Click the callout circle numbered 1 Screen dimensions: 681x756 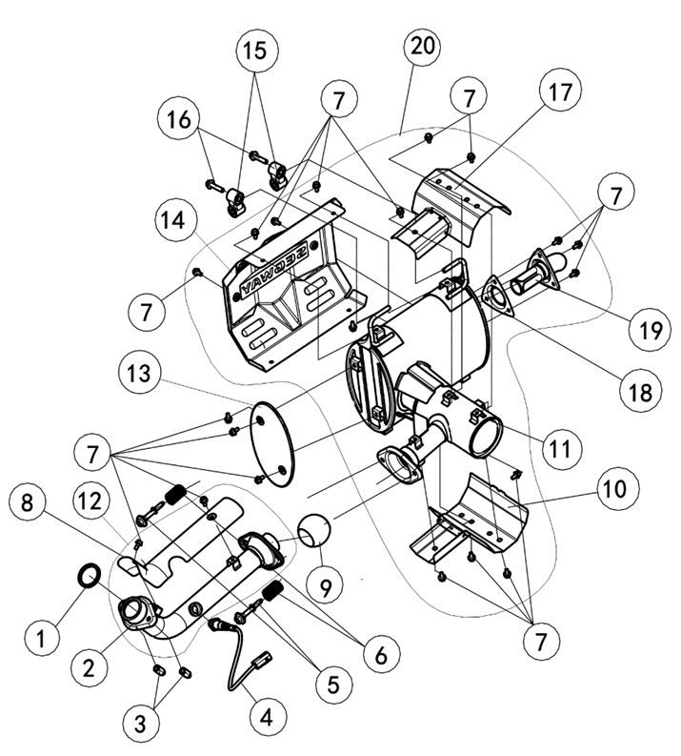coord(41,639)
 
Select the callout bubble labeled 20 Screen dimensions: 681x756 coord(421,47)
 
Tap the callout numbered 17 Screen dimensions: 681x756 coord(560,92)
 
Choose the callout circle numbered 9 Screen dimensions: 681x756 coord(326,586)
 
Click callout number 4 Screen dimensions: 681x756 coord(268,717)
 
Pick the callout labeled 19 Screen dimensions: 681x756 coord(651,330)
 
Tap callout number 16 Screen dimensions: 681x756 coord(179,119)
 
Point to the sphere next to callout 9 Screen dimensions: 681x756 coord(314,530)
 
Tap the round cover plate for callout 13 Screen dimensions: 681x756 coord(273,444)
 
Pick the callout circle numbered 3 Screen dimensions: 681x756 coord(140,724)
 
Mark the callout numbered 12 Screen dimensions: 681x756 coord(90,501)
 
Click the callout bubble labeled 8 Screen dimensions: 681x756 coord(27,503)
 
